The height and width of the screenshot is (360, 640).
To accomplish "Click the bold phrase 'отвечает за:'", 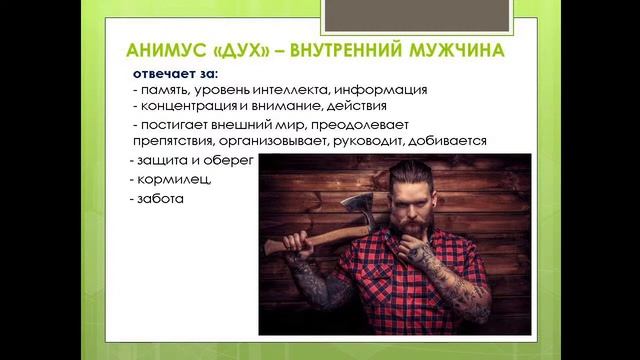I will pos(173,74).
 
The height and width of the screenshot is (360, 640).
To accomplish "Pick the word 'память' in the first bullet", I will pos(166,90).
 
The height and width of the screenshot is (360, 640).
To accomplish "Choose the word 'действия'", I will pos(372,106).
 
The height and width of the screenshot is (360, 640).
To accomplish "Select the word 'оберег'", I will pos(232,161).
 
